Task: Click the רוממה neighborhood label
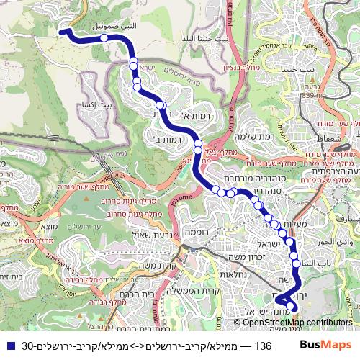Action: pos(196,232)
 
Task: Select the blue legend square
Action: pos(8,346)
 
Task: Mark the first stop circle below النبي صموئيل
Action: pos(104,38)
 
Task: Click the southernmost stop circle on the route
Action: pos(292,308)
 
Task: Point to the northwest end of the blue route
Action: pos(62,31)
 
